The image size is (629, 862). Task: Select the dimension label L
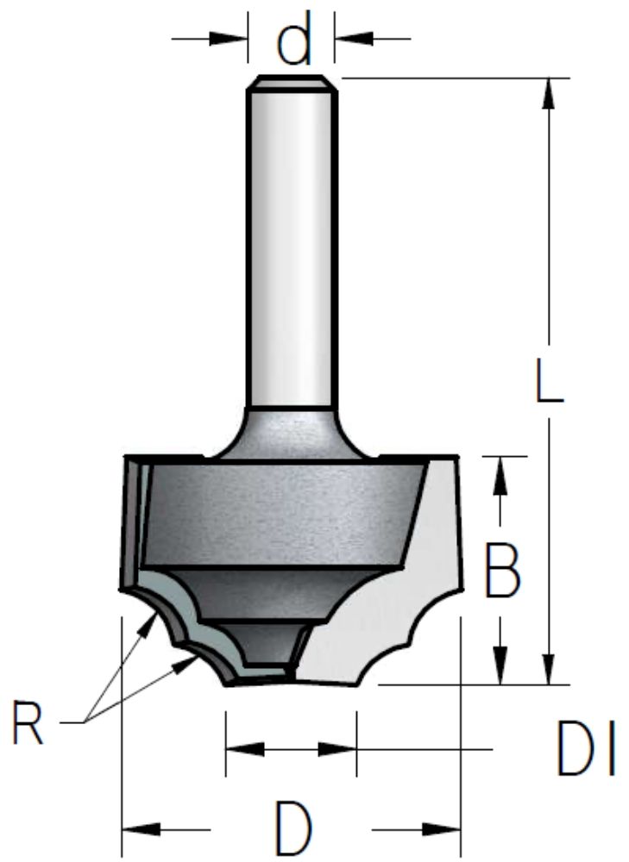[x=550, y=380]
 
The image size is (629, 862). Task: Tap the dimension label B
[x=502, y=571]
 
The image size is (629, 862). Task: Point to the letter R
[x=28, y=721]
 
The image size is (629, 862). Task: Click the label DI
[x=586, y=748]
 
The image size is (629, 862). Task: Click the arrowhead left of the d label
[x=228, y=39]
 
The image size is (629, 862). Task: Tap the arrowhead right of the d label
[x=354, y=39]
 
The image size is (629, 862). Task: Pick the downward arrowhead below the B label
[x=500, y=665]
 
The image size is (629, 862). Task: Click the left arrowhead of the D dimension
[x=141, y=829]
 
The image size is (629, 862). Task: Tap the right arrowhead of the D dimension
[x=441, y=829]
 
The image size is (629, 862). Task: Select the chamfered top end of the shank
[x=292, y=83]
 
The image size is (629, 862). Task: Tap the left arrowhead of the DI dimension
[x=245, y=749]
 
